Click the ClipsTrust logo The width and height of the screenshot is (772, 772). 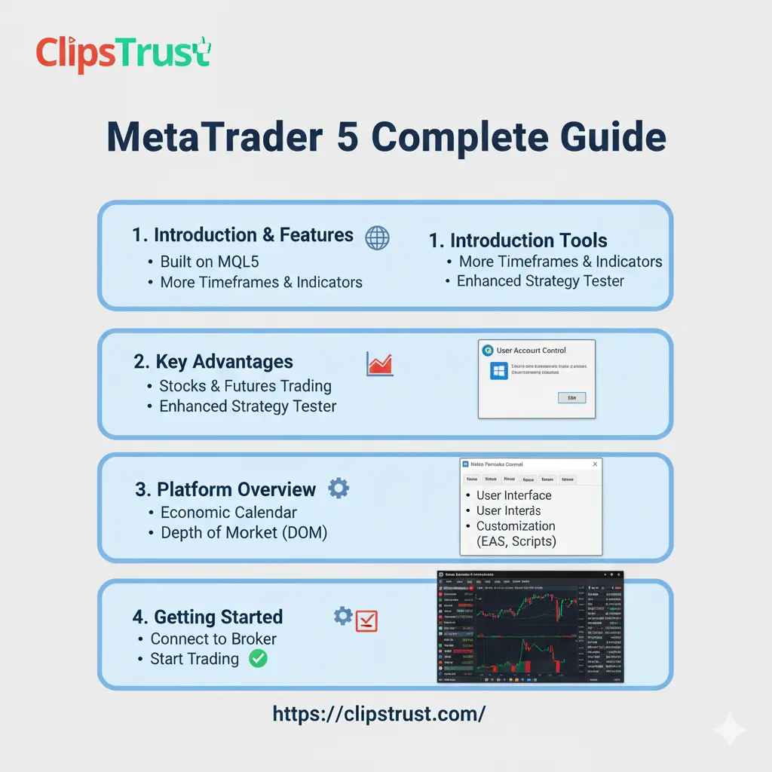point(124,57)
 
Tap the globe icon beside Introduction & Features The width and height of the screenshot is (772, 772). point(377,237)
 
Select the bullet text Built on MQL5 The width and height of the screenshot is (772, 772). point(210,262)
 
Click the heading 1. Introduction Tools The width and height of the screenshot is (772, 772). point(518,240)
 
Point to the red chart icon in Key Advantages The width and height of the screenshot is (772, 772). point(379,364)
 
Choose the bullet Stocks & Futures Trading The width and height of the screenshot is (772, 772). point(245,386)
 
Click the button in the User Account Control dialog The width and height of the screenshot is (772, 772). point(571,397)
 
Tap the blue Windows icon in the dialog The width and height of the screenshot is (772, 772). point(498,371)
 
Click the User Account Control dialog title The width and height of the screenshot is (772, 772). point(531,351)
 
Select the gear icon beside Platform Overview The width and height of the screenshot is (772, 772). point(339,489)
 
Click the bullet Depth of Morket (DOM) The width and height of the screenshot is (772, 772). point(244,533)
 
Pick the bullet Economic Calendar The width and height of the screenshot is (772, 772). point(228,513)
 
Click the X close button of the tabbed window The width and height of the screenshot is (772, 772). point(594,465)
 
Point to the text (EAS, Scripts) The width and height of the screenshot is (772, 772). point(516,541)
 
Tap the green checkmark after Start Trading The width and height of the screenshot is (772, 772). point(258,659)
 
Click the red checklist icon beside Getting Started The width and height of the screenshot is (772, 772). point(366,620)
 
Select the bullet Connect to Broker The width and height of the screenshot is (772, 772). point(213,639)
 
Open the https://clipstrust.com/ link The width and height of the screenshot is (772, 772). point(379,713)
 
